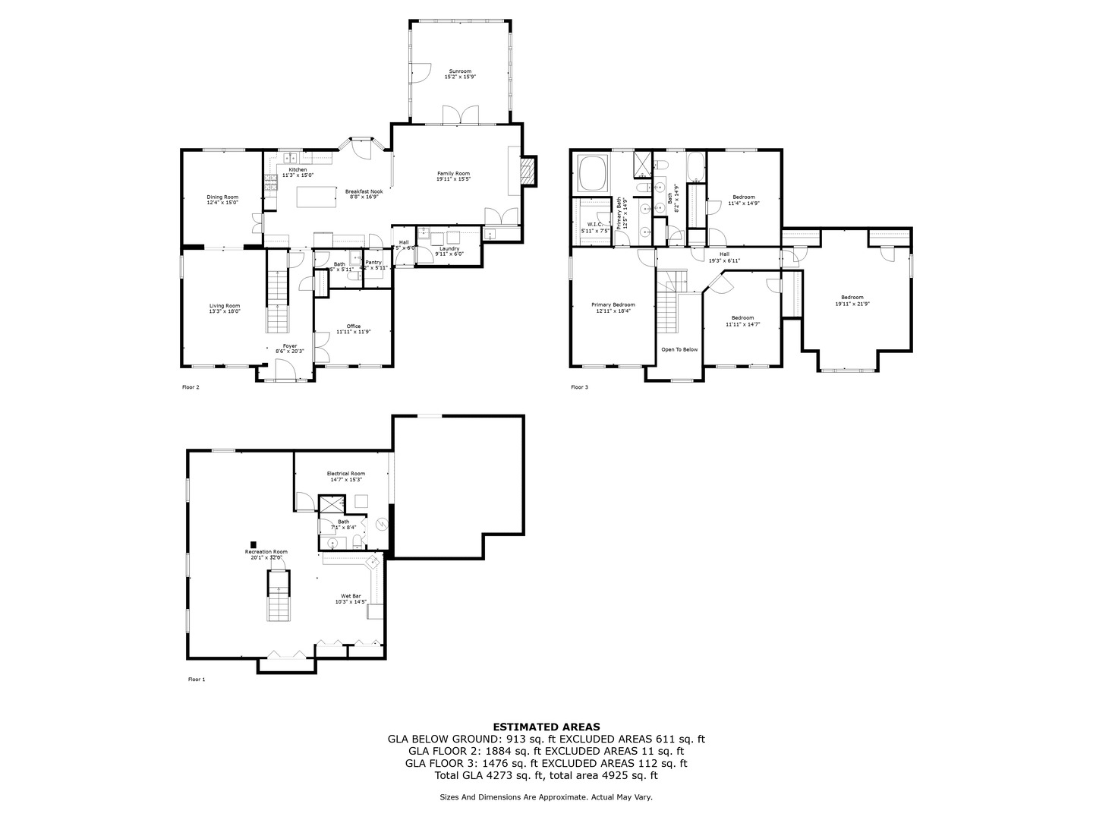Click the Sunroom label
pyautogui.click(x=460, y=74)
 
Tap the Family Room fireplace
pyautogui.click(x=529, y=172)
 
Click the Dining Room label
pyautogui.click(x=222, y=200)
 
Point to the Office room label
pyautogui.click(x=354, y=329)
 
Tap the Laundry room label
pyautogui.click(x=449, y=251)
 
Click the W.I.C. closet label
pyautogui.click(x=594, y=225)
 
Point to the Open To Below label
pyautogui.click(x=679, y=350)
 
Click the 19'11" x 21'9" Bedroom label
pyautogui.click(x=852, y=300)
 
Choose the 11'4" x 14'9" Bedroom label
pyautogui.click(x=743, y=200)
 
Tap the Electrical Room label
pyautogui.click(x=346, y=476)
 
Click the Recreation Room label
pyautogui.click(x=266, y=553)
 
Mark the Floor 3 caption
pyautogui.click(x=579, y=387)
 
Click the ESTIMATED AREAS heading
pyautogui.click(x=546, y=727)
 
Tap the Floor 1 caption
pyautogui.click(x=197, y=680)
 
